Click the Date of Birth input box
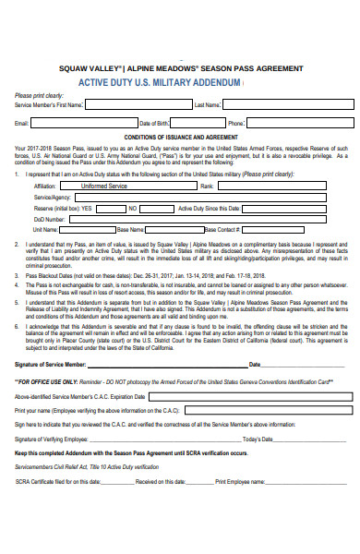click(198, 122)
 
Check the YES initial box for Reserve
click(109, 209)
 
